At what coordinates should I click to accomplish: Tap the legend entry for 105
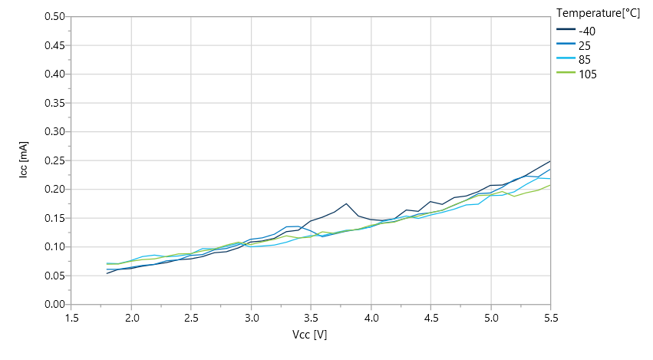tap(588, 74)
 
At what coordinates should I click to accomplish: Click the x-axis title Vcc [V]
tap(311, 335)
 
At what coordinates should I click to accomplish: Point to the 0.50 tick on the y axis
tap(54, 16)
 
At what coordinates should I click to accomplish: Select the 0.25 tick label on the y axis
tap(54, 160)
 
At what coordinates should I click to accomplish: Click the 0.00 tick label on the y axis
tap(54, 305)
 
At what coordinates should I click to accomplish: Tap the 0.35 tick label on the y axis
tap(54, 103)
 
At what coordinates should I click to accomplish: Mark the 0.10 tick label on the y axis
tap(54, 247)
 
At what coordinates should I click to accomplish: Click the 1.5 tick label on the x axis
tap(71, 317)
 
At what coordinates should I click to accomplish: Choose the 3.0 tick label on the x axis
tap(252, 317)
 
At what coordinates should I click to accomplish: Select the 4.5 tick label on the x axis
tap(431, 317)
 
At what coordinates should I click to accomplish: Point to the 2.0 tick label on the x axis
tap(131, 317)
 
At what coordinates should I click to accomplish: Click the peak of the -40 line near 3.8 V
tap(347, 203)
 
